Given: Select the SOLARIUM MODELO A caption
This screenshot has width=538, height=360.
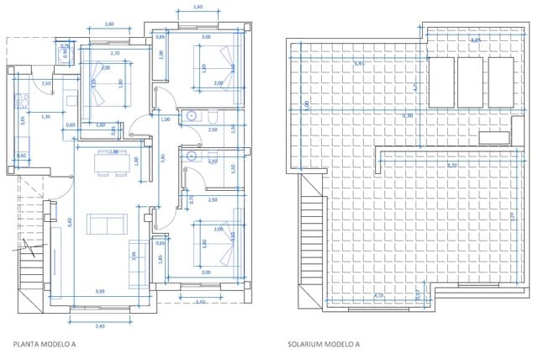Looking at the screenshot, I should tap(323, 344).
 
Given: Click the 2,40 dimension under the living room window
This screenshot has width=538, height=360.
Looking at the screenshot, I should tap(100, 326).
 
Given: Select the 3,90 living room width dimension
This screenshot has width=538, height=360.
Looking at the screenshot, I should tap(100, 291).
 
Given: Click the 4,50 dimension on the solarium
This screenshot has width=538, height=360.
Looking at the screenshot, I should tap(379, 295).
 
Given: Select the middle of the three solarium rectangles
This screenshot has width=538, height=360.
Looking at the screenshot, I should tap(470, 82).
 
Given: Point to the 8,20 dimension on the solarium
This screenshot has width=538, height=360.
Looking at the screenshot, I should tap(452, 166).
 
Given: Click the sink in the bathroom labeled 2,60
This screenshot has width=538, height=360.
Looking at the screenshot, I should tap(192, 156).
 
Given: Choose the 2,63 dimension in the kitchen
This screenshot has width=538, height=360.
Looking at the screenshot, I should tap(46, 83).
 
